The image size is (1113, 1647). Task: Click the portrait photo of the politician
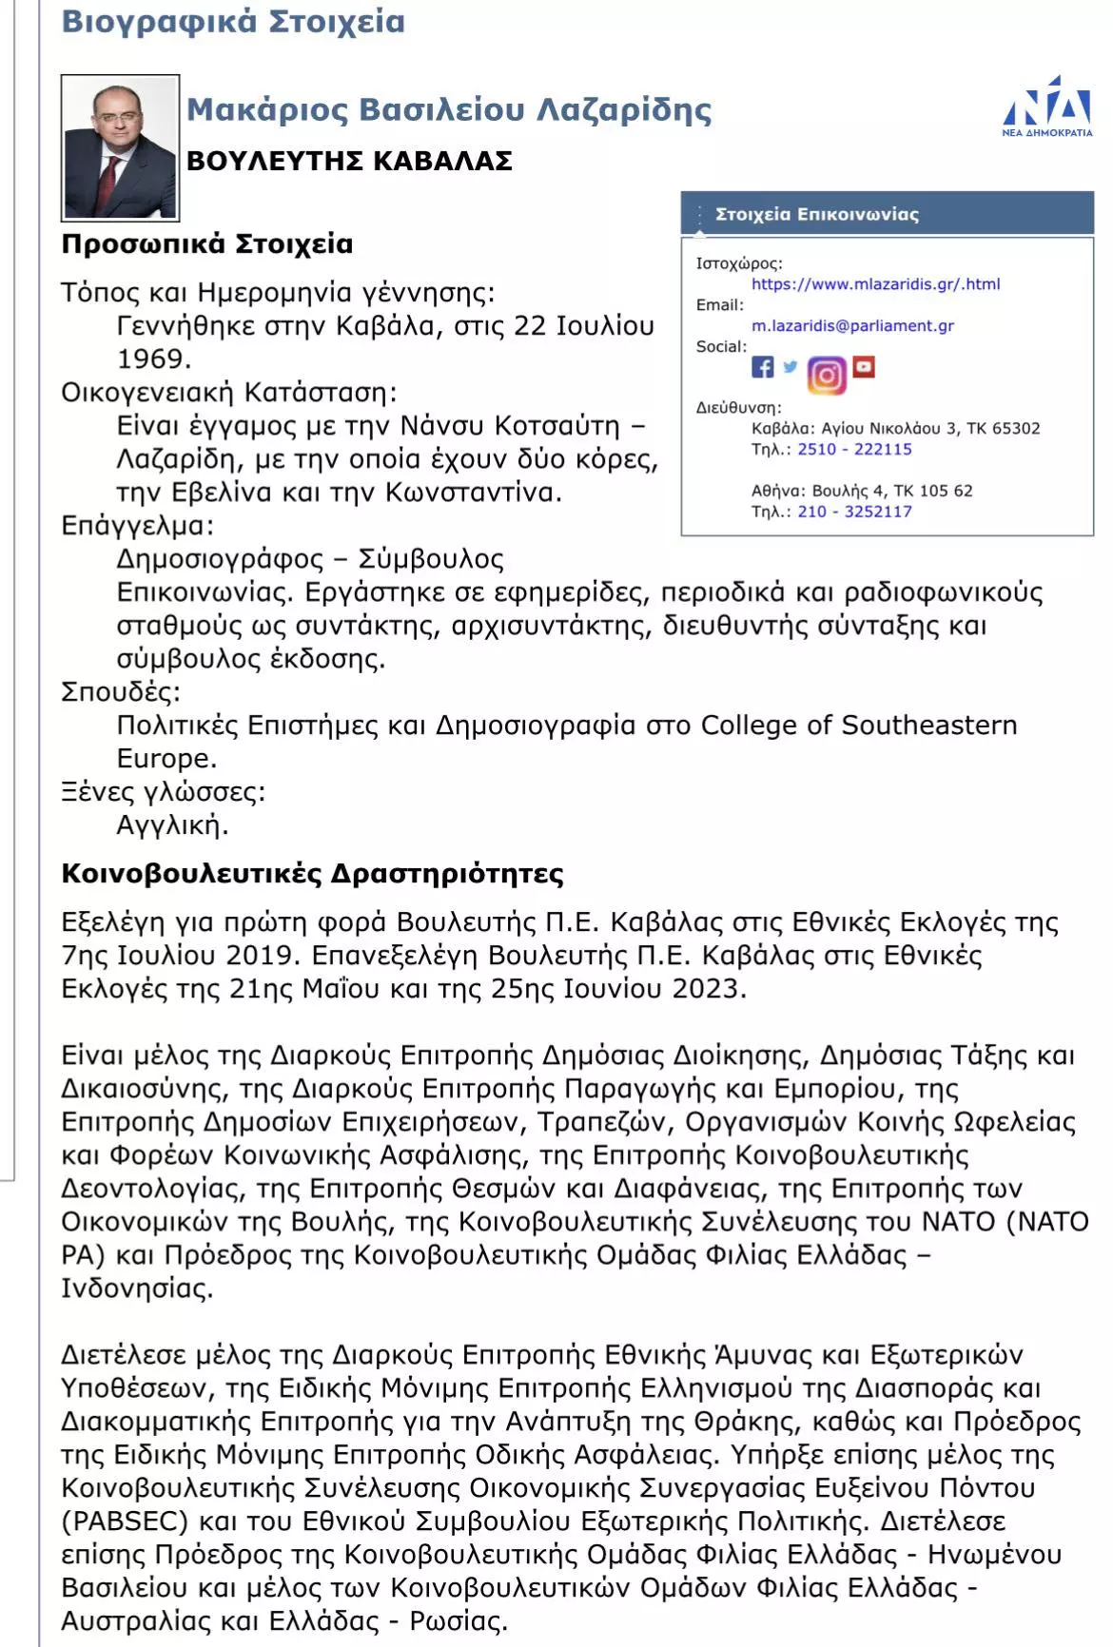pyautogui.click(x=120, y=147)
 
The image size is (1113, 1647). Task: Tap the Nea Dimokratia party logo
pyautogui.click(x=1047, y=106)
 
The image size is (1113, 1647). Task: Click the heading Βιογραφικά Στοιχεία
pyautogui.click(x=233, y=21)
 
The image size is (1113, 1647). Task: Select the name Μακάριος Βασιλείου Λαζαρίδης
pyautogui.click(x=449, y=110)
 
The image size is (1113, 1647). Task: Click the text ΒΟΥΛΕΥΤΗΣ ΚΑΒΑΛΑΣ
pyautogui.click(x=349, y=161)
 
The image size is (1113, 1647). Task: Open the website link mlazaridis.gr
pyautogui.click(x=875, y=283)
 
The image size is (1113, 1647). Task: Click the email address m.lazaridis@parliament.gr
pyautogui.click(x=852, y=325)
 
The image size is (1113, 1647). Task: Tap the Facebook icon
pyautogui.click(x=763, y=367)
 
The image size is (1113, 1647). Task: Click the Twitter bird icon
pyautogui.click(x=791, y=366)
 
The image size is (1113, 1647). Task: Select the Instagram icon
pyautogui.click(x=827, y=375)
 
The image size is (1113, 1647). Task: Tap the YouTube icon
pyautogui.click(x=864, y=366)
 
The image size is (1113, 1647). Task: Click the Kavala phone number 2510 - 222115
pyautogui.click(x=854, y=449)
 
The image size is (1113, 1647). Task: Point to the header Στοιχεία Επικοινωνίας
pyautogui.click(x=816, y=214)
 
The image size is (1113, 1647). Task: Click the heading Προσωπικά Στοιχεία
pyautogui.click(x=206, y=244)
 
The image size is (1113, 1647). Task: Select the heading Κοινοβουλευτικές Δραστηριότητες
pyautogui.click(x=312, y=874)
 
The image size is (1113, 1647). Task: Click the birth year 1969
pyautogui.click(x=153, y=358)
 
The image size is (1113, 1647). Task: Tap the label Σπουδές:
pyautogui.click(x=120, y=691)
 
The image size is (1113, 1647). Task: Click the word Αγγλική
pyautogui.click(x=172, y=824)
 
